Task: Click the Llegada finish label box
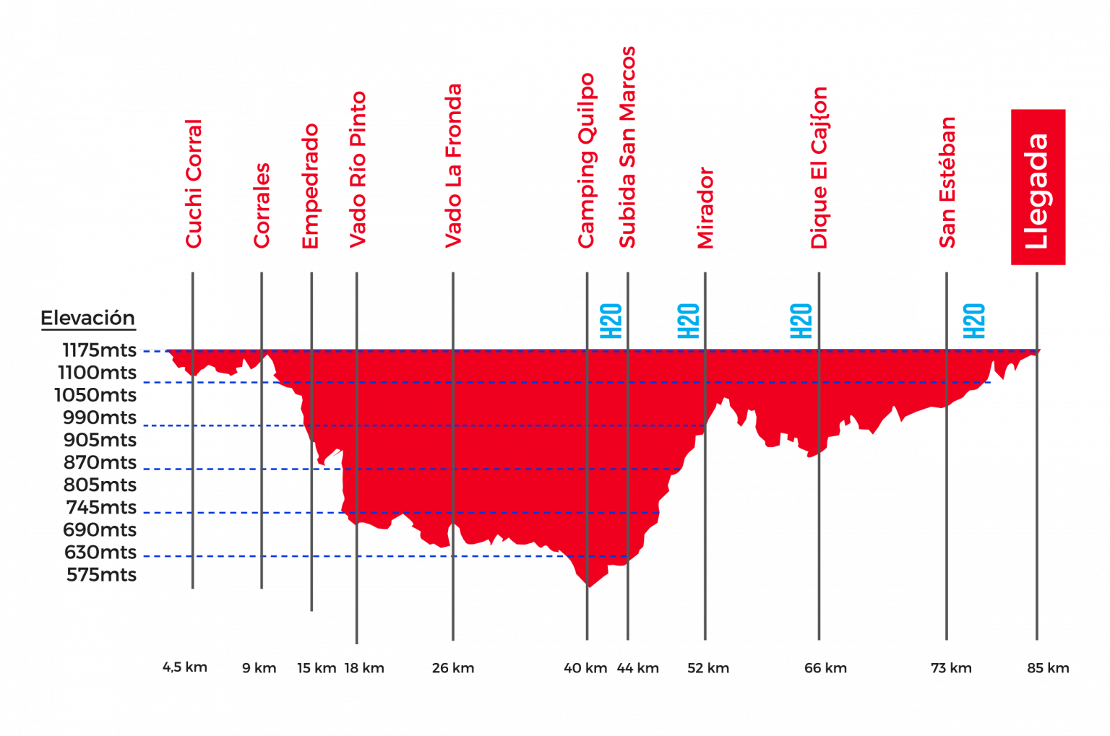tap(1038, 188)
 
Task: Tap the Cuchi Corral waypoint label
tap(194, 184)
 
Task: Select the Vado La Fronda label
tap(453, 166)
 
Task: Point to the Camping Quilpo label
tap(586, 160)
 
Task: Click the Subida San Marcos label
tap(627, 147)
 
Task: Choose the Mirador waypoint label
tap(705, 208)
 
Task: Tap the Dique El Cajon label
tap(819, 168)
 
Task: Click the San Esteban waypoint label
tap(947, 182)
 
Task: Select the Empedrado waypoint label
tap(310, 186)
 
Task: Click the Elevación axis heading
tap(87, 318)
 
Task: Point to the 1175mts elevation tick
tap(99, 350)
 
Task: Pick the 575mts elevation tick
tap(101, 575)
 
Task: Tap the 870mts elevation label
tap(100, 462)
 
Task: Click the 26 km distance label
tap(453, 668)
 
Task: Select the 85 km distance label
tap(1048, 668)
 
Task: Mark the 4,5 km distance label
tap(184, 667)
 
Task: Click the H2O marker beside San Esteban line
tap(974, 321)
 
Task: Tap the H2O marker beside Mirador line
tap(689, 321)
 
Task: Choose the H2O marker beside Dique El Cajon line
tap(801, 321)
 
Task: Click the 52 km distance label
tap(708, 668)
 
